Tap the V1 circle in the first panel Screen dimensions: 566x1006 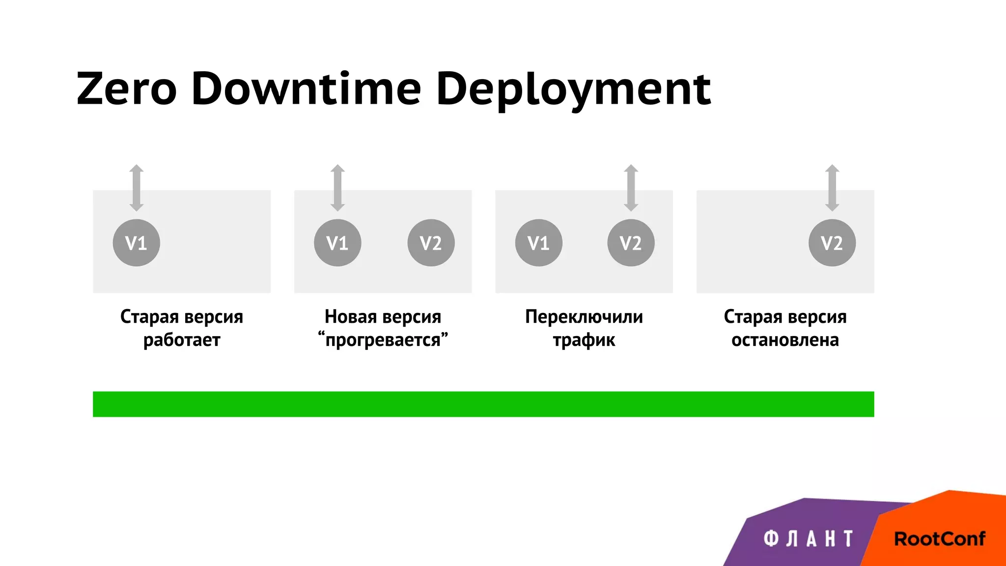tap(136, 243)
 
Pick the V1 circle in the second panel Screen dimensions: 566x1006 tap(337, 243)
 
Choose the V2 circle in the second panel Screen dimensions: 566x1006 tap(431, 243)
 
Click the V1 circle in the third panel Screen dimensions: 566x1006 tap(538, 243)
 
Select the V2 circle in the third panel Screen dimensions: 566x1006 tap(631, 243)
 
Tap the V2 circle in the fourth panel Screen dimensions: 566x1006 tap(832, 243)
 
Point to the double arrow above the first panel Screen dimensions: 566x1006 tap(137, 188)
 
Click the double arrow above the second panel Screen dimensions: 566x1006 tap(337, 188)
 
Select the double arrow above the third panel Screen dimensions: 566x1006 tap(631, 188)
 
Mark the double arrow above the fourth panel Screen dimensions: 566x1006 tap(832, 188)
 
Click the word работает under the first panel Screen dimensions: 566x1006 tap(182, 340)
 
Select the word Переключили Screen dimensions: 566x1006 tap(584, 317)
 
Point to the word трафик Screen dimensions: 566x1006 tap(584, 340)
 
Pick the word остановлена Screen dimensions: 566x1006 tap(785, 340)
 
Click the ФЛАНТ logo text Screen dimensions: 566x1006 tap(809, 539)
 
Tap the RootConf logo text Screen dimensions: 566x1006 tap(939, 539)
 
